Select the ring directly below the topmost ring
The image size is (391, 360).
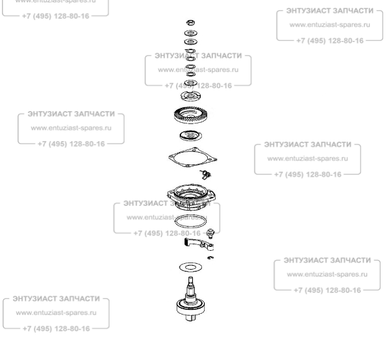[191, 32]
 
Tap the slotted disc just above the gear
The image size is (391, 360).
[192, 97]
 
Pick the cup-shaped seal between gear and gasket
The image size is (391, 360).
[192, 137]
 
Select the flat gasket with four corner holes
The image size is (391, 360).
[192, 159]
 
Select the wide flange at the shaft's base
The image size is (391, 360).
[192, 305]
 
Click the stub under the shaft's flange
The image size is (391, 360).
[193, 318]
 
